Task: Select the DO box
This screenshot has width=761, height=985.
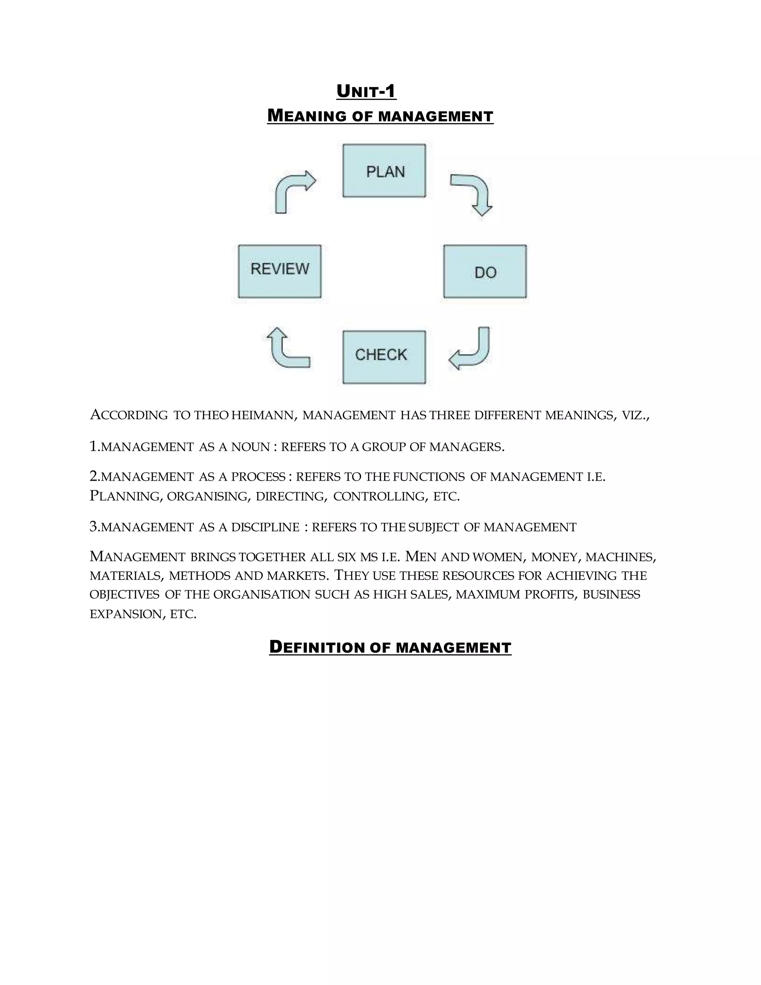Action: [x=485, y=271]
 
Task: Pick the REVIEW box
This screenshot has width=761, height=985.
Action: [x=279, y=271]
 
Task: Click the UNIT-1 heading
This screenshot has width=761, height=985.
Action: [x=366, y=91]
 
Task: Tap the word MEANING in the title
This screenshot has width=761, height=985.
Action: [x=307, y=116]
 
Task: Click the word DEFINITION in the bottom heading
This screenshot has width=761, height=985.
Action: [x=317, y=647]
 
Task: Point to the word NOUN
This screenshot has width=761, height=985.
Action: [x=250, y=447]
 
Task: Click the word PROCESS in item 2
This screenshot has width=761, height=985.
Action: [x=258, y=477]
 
